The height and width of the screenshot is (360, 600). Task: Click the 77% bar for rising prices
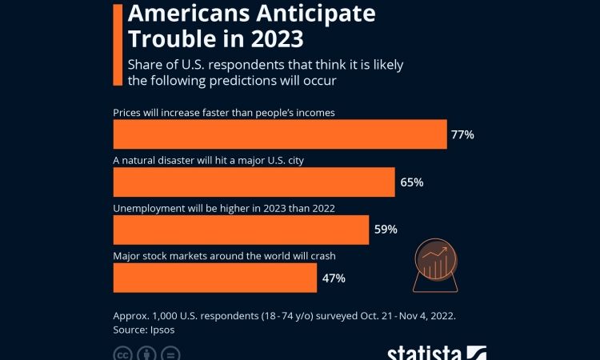point(280,134)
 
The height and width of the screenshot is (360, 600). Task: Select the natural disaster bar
point(254,182)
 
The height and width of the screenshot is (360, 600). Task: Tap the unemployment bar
point(241,230)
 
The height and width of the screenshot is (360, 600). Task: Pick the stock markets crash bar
point(215,278)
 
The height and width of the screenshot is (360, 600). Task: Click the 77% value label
point(462,134)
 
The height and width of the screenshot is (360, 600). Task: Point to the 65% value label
point(411,182)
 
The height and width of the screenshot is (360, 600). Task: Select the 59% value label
point(386,230)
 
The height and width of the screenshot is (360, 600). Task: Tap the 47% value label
point(334,278)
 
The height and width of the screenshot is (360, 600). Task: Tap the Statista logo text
point(424,353)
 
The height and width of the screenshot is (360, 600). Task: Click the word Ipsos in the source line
point(161,329)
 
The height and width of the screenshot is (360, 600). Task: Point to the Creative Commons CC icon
point(122,354)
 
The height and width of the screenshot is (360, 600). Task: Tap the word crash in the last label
point(320,256)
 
